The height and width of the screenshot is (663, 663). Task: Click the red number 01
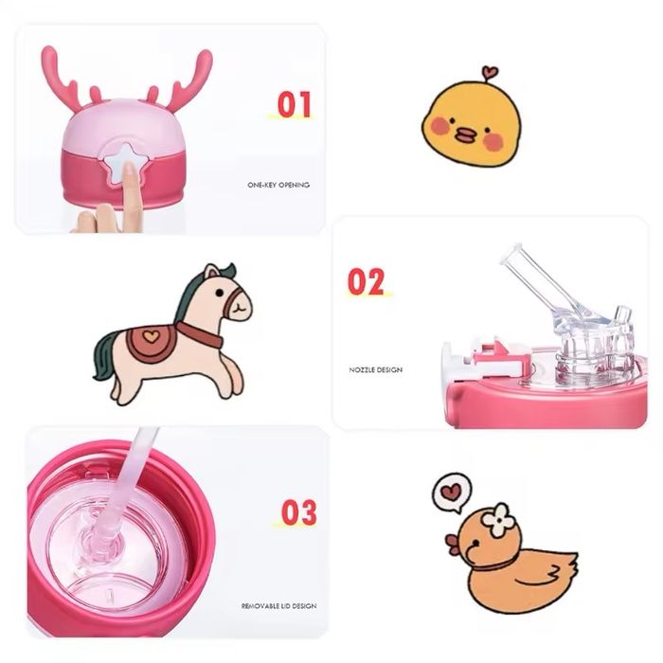click(x=295, y=104)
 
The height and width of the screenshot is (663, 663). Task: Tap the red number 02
click(x=366, y=281)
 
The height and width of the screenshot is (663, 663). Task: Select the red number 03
click(x=299, y=512)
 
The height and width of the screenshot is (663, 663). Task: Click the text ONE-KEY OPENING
click(x=278, y=185)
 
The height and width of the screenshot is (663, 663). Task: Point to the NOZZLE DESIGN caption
click(x=375, y=369)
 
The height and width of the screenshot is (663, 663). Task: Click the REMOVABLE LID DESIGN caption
click(x=278, y=606)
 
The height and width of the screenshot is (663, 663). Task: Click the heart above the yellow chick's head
click(x=490, y=71)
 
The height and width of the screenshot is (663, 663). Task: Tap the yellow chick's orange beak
click(x=466, y=136)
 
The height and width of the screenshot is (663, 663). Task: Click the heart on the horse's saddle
click(x=149, y=336)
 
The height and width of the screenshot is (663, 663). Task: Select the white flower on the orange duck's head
click(x=500, y=519)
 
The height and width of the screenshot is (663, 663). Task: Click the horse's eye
click(x=220, y=293)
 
